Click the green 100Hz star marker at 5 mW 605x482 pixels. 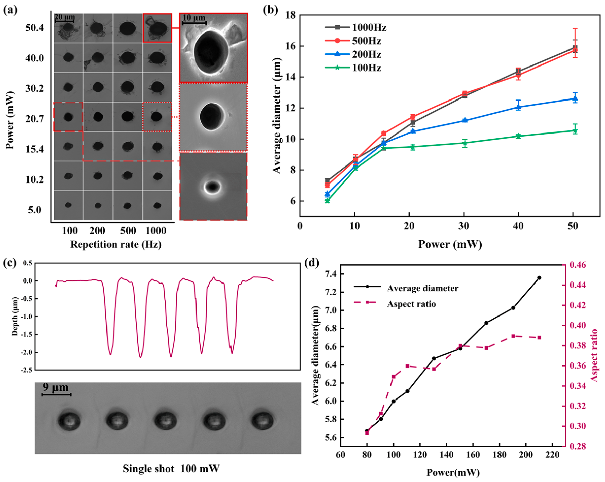tap(327, 201)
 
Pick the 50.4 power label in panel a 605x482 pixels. tap(34, 28)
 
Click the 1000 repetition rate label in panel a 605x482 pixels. tap(156, 231)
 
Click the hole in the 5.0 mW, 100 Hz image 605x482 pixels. tap(68, 205)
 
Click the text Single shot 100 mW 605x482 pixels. tap(171, 469)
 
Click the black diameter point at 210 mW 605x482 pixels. tap(539, 278)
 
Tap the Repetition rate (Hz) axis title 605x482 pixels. tap(116, 244)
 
